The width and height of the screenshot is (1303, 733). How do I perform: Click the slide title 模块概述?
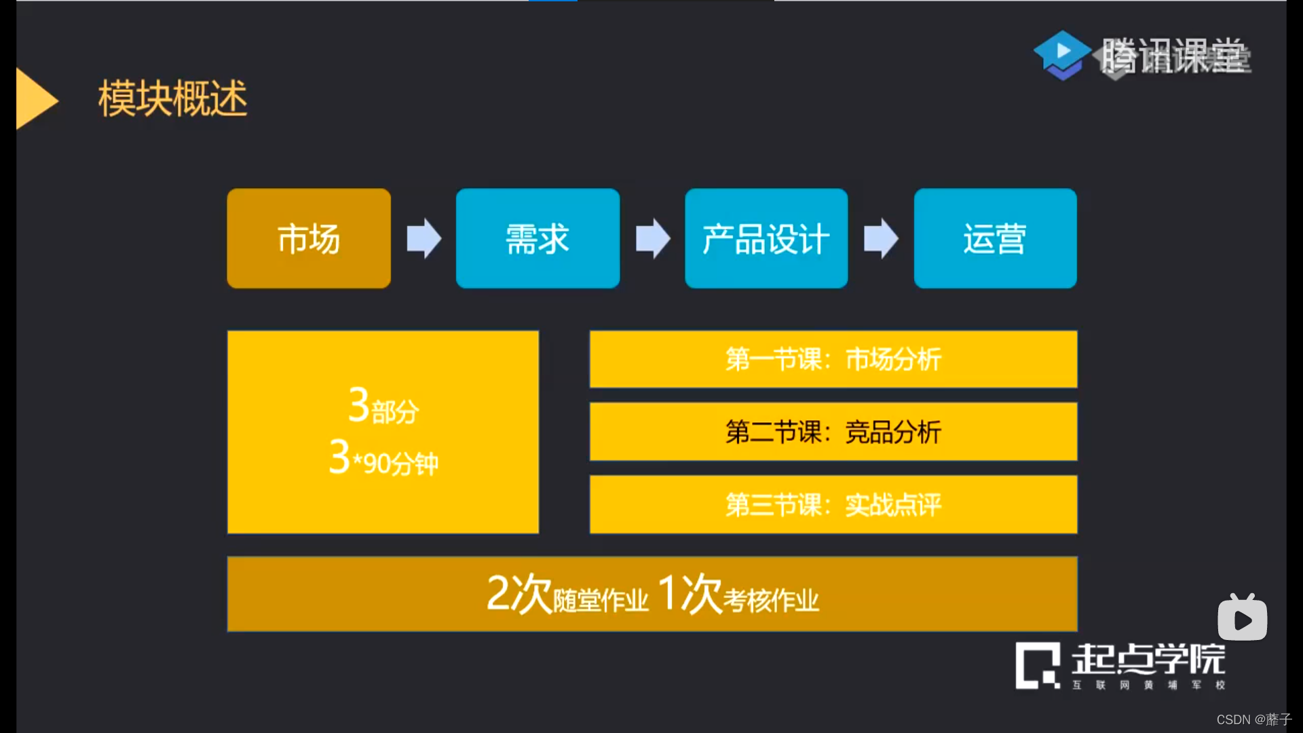(172, 98)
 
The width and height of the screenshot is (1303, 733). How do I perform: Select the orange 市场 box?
(309, 238)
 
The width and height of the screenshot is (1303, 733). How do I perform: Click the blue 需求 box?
(537, 238)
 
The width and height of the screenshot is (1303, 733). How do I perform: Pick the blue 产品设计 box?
(766, 238)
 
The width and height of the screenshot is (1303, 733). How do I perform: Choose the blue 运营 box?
(995, 238)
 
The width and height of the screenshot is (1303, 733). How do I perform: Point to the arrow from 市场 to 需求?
(423, 238)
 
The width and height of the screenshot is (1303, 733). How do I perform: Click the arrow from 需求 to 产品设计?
(652, 238)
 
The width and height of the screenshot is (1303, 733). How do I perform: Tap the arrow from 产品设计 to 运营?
(881, 238)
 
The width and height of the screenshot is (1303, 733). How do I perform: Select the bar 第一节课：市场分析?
(833, 359)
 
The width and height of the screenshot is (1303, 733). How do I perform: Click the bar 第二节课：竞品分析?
(833, 432)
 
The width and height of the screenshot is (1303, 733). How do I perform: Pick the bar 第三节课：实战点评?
(833, 504)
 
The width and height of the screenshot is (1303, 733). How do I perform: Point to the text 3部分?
(383, 407)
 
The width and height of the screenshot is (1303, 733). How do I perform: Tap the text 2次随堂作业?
(567, 595)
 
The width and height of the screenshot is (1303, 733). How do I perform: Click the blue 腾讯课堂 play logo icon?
(1061, 54)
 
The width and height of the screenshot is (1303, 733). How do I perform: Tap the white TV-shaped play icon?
(1242, 618)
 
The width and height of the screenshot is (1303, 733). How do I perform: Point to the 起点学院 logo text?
(1148, 658)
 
